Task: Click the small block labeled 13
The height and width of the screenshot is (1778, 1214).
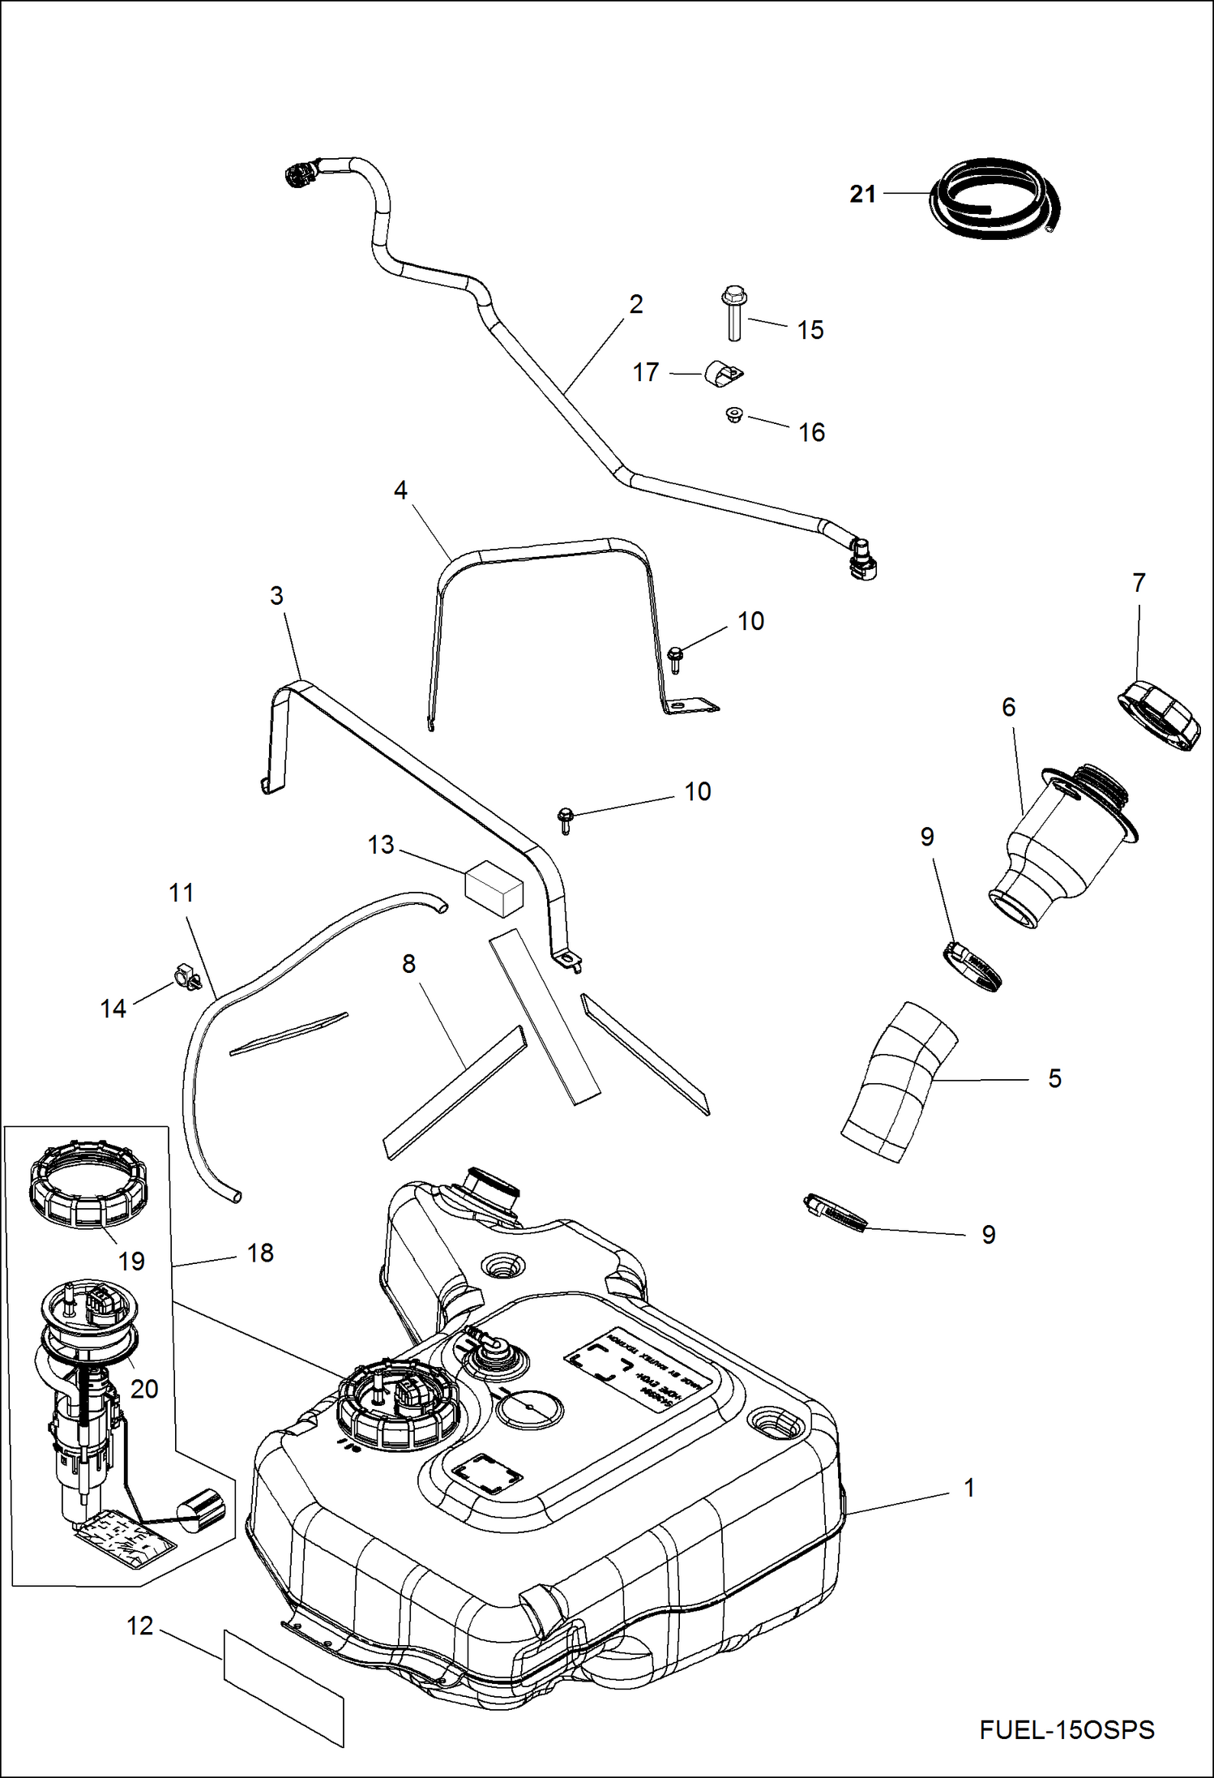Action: pyautogui.click(x=494, y=889)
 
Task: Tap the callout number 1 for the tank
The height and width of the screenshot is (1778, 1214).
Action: pyautogui.click(x=968, y=1487)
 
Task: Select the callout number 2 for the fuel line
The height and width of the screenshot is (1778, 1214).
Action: pyautogui.click(x=636, y=304)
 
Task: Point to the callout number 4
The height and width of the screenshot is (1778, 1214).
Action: pyautogui.click(x=400, y=490)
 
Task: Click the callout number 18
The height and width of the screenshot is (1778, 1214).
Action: pyautogui.click(x=260, y=1253)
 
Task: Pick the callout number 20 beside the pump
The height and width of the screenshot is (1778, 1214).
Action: pyautogui.click(x=144, y=1389)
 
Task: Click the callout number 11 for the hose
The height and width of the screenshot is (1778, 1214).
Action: pyautogui.click(x=182, y=893)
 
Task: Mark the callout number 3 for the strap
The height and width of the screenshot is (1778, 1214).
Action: pyautogui.click(x=276, y=596)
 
